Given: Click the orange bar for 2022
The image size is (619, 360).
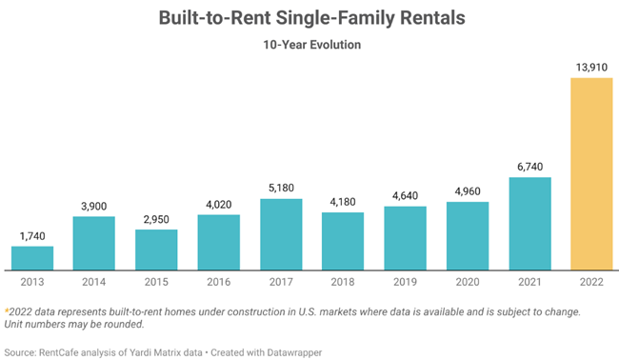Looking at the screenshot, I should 591,173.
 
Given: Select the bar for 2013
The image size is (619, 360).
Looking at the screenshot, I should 32,258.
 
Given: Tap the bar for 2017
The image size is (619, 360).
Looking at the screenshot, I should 281,234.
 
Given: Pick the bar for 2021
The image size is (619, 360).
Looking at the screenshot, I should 529,225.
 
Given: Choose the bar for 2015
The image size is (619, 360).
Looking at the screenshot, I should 156,250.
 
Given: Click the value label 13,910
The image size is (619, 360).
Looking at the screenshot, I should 591,66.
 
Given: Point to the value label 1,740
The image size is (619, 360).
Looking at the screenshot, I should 32,235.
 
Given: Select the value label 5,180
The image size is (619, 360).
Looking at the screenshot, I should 281,188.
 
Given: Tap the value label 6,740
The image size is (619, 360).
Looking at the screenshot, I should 529,167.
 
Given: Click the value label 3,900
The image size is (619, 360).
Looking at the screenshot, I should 94,206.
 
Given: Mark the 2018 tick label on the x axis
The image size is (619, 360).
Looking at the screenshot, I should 343,283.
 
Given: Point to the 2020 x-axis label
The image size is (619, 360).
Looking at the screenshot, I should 467,283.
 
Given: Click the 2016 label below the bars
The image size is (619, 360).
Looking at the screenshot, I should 218,283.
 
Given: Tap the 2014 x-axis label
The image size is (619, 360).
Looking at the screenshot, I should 94,283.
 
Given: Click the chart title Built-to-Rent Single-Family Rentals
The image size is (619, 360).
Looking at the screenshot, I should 309,18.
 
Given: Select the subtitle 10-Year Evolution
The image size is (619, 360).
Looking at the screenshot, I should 309,45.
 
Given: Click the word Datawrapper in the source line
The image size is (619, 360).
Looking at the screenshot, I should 293,352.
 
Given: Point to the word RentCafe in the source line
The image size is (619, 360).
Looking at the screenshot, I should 63,352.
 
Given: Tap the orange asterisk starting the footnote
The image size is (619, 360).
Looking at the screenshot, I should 7,310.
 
